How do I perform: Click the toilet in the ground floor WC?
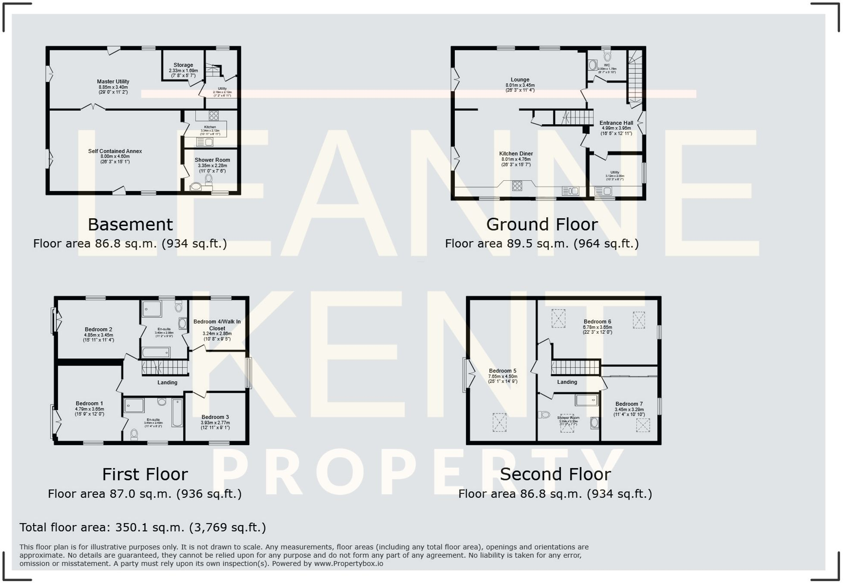tap(608, 56)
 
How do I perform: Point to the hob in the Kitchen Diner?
tap(517, 186)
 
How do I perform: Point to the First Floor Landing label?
tap(167, 382)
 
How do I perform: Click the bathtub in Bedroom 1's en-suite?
tap(177, 413)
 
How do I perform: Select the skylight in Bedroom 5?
tap(499, 423)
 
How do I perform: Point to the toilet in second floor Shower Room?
tap(544, 415)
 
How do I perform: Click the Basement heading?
tap(130, 225)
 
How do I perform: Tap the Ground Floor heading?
tap(542, 225)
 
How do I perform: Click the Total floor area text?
tap(143, 527)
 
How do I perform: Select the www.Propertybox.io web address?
tap(348, 564)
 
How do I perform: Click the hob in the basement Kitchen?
tap(213, 116)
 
